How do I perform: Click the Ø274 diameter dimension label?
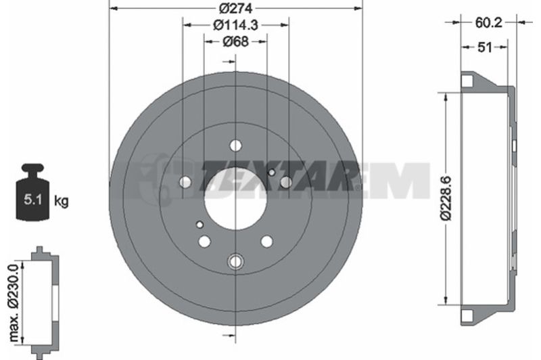236,7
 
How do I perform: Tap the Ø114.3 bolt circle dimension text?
235,25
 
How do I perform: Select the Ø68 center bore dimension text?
235,42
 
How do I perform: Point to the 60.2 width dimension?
488,22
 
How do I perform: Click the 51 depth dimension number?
484,47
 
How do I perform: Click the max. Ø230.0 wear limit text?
14,302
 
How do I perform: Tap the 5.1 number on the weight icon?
32,200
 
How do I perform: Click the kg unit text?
62,200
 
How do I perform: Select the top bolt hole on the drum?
235,145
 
